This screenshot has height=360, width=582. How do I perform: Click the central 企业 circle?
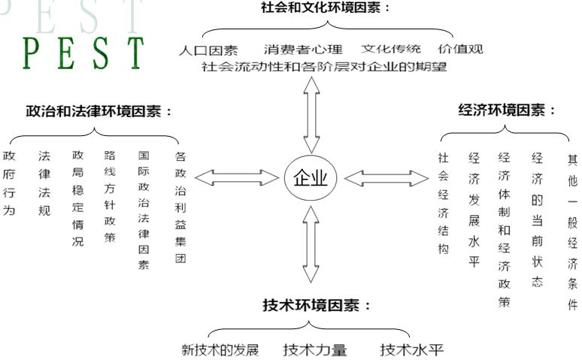[311, 178]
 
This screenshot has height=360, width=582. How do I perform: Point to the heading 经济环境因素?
[508, 110]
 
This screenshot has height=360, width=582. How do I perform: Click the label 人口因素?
[208, 50]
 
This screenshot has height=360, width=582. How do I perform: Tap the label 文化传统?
[393, 50]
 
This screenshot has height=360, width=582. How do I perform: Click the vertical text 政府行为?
[9, 183]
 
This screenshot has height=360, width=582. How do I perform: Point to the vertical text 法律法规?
[44, 183]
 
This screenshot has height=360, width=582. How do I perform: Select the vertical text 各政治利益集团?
[180, 207]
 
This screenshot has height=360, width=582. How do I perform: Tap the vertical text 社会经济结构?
[443, 203]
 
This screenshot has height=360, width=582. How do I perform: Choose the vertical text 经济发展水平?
[474, 210]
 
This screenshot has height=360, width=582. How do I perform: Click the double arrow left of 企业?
[235, 178]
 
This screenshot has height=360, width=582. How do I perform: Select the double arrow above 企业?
[311, 113]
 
